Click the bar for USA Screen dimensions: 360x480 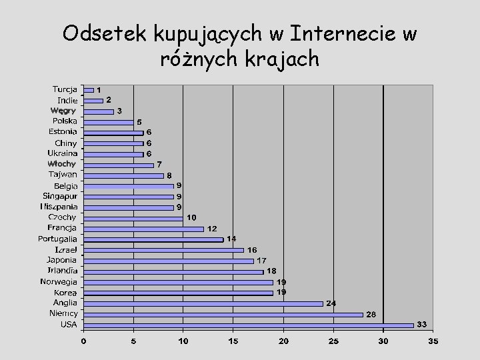[248, 325]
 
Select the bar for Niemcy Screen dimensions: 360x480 [223, 314]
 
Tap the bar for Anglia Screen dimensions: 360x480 [203, 303]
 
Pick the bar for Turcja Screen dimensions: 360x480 [88, 90]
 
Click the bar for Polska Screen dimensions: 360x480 [108, 122]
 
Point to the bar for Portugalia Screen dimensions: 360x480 [153, 239]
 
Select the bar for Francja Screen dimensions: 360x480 [143, 229]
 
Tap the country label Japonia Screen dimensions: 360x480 [62, 260]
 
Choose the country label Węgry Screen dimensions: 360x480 [64, 111]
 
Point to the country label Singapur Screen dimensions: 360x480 [60, 196]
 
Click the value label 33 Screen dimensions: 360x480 [421, 325]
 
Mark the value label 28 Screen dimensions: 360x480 [371, 314]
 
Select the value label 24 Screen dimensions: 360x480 [331, 303]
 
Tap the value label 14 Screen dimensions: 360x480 [231, 239]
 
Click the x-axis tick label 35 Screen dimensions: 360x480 [433, 341]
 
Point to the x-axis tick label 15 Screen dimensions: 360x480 [233, 341]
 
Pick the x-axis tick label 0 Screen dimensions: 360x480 [83, 341]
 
